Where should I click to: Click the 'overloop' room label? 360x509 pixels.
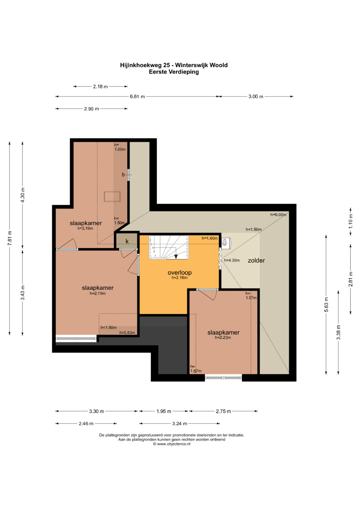point(180,272)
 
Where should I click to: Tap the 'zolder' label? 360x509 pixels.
point(256,260)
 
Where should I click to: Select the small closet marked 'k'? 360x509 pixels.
point(127,241)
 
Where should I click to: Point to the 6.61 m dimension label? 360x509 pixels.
point(137,97)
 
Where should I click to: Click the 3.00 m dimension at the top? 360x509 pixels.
point(256,97)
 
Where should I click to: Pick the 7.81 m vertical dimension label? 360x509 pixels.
point(10,238)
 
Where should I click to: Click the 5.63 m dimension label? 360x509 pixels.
point(326,304)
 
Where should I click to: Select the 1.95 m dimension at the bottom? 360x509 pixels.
point(164,411)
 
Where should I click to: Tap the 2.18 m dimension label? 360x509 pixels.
point(100,87)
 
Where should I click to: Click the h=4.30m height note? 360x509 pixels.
point(232,260)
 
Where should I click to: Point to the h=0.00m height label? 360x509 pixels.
point(278,215)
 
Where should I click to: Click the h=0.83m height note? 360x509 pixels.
point(127,333)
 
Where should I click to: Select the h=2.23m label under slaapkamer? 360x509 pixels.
point(223,338)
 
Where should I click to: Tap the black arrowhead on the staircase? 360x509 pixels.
point(176,257)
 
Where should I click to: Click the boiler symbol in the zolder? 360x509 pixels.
point(226,242)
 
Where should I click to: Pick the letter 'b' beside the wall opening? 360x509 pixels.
point(123,175)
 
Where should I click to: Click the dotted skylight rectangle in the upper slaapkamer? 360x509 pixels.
point(112,197)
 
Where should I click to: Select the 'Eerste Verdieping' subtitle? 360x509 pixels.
point(174,72)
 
